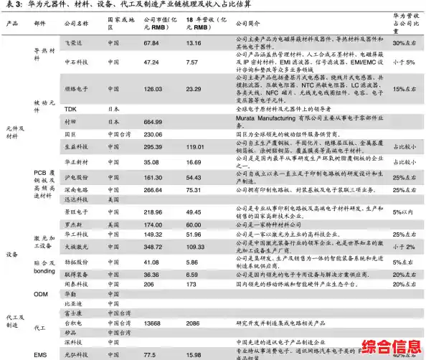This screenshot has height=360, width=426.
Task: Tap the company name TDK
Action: tap(70, 109)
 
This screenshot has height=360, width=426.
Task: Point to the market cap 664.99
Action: tap(153, 122)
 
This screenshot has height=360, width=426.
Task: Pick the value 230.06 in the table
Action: tap(153, 134)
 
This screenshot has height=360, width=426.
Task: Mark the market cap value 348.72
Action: tap(153, 247)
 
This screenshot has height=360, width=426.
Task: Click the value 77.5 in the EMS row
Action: tap(150, 354)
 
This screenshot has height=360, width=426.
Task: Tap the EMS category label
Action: tap(40, 354)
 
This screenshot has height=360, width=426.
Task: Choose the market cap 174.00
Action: tap(153, 224)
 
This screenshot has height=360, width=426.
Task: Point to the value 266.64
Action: tap(153, 190)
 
